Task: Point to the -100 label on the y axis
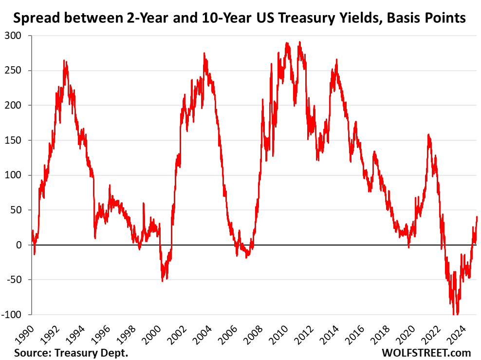[13, 314]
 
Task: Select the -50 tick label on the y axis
[15, 280]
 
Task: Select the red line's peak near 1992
[64, 60]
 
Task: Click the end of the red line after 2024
[477, 217]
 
